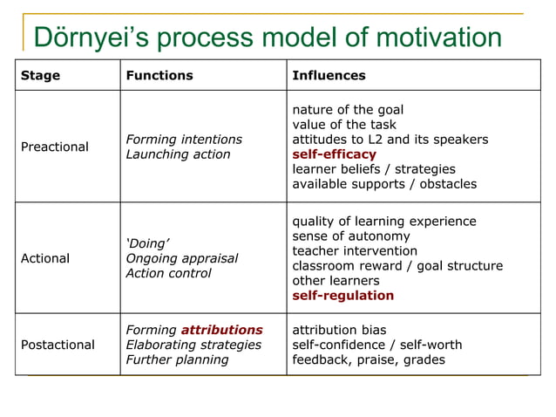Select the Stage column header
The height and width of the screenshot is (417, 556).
(x=40, y=75)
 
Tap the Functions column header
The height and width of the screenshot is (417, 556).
(x=159, y=75)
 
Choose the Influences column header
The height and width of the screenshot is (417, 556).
(x=329, y=75)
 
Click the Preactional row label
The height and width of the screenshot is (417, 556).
(x=55, y=147)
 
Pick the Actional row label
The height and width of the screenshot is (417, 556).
(x=45, y=258)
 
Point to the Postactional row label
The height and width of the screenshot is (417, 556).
(x=58, y=345)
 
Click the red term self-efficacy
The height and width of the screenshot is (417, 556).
(x=334, y=154)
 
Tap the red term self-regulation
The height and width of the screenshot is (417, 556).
(x=342, y=295)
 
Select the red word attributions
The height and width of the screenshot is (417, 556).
(x=221, y=330)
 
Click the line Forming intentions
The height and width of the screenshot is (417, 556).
(x=184, y=140)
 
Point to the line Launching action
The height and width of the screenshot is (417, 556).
(x=178, y=154)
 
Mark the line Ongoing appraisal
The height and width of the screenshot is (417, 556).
(x=181, y=258)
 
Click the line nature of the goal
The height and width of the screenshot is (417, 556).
(x=347, y=110)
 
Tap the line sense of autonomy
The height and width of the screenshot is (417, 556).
(x=350, y=236)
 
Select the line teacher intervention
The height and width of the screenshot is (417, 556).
(x=355, y=250)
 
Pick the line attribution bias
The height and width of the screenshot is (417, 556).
(x=338, y=330)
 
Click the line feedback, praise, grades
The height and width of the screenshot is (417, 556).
(x=368, y=359)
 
